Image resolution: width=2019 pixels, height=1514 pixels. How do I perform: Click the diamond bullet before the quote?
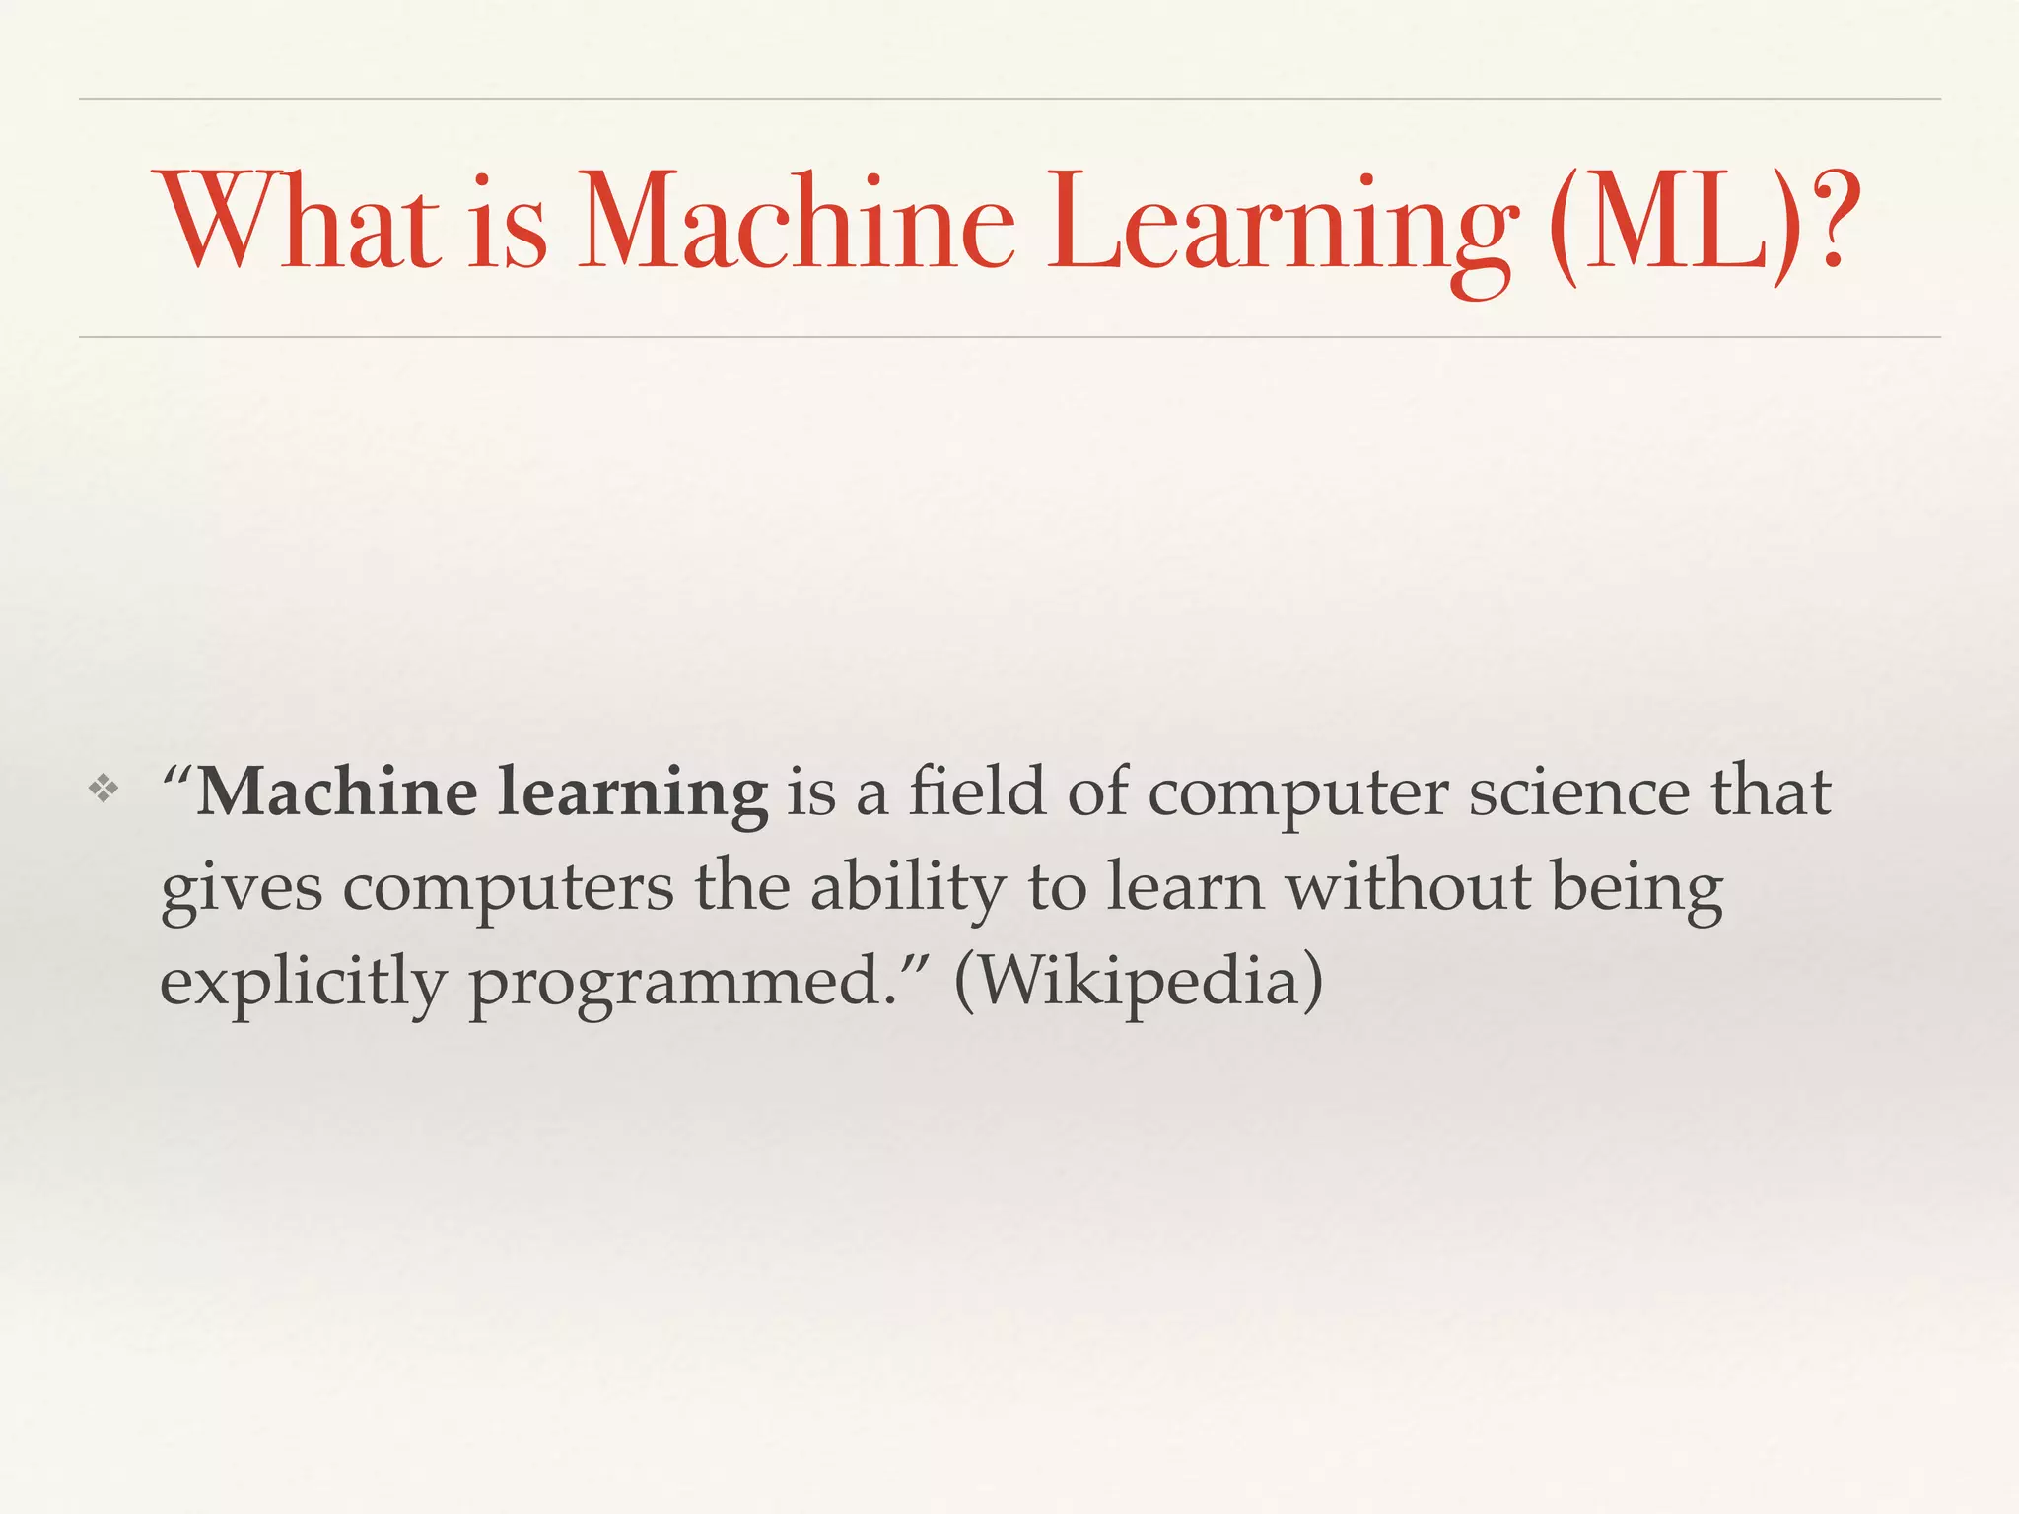click(104, 788)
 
